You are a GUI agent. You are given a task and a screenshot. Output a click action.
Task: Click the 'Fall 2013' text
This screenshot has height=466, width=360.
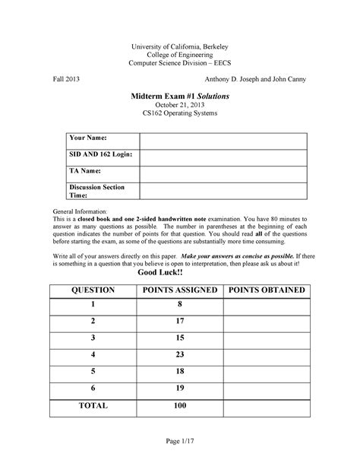pos(67,79)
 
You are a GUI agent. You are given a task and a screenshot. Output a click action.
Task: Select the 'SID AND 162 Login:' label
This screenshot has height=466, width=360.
pos(101,156)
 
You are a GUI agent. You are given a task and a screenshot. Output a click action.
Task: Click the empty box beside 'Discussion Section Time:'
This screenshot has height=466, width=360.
pos(223,191)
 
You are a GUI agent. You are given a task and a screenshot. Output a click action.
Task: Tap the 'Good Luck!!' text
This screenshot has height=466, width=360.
pos(180,273)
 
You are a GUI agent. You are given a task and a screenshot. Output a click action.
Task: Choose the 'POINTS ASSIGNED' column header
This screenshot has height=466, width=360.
pos(180,290)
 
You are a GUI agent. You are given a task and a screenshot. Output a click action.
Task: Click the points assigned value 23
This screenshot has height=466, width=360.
pos(180,354)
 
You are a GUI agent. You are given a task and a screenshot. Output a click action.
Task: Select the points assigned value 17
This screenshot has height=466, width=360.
pos(180,321)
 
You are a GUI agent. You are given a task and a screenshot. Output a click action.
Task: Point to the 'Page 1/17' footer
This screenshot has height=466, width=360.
pos(180,443)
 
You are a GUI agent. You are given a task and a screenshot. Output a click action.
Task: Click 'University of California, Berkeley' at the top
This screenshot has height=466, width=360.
pos(180,46)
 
